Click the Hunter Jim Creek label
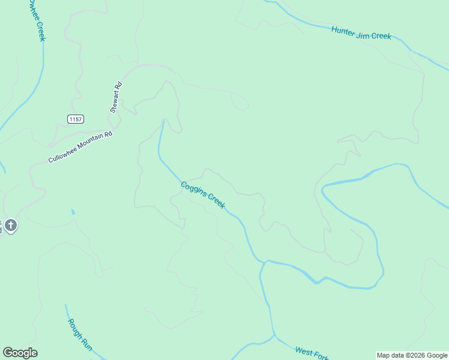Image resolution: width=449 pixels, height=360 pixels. (x=361, y=32)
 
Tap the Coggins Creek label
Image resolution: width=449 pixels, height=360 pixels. (x=203, y=195)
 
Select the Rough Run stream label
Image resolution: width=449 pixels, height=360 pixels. (x=79, y=335)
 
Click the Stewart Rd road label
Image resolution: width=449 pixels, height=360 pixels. (x=116, y=97)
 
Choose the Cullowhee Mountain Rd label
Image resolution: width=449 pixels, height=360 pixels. (x=80, y=148)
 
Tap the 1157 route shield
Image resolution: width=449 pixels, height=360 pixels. (x=76, y=119)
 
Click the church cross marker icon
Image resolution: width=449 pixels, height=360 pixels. (x=11, y=226)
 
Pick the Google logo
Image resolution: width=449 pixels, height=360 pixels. (x=20, y=353)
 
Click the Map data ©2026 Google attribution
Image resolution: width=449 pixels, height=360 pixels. (x=412, y=355)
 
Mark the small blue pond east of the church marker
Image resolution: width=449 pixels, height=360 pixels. (x=73, y=212)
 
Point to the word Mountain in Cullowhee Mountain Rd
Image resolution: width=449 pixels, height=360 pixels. (x=88, y=145)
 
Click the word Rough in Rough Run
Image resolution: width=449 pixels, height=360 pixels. (x=75, y=329)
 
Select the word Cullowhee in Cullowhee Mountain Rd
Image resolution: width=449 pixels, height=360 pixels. (x=62, y=154)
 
